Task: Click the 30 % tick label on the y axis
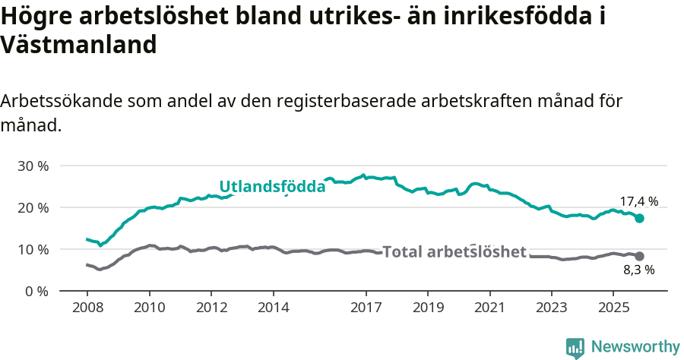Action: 33,166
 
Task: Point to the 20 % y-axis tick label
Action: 33,207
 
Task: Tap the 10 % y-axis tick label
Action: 33,249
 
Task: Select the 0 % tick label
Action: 36,291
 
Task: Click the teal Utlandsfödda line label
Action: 272,186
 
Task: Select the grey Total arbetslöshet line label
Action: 454,252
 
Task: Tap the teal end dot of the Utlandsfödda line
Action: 640,218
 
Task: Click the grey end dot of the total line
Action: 640,256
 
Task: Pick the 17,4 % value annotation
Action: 638,201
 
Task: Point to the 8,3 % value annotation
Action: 639,269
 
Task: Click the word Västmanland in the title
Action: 78,45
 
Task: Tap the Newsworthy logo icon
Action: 575,347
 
